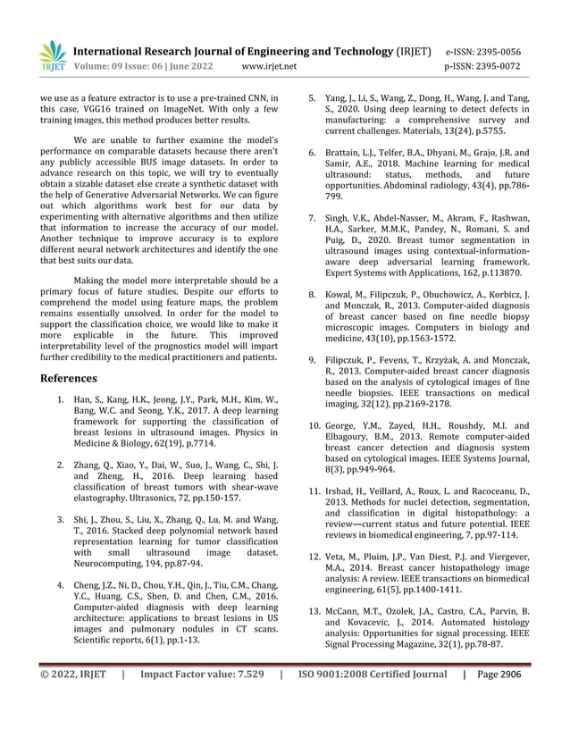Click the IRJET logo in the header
pos(54,55)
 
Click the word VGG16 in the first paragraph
pos(109,109)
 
